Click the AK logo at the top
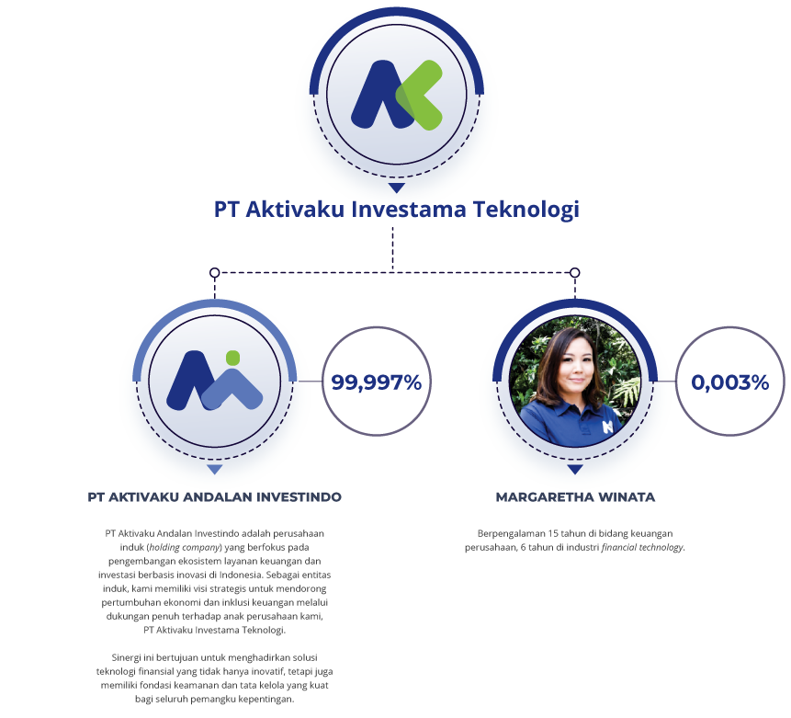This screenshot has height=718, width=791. pyautogui.click(x=397, y=95)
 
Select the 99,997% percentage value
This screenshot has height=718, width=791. pyautogui.click(x=377, y=382)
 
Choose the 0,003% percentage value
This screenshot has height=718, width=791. pyautogui.click(x=730, y=382)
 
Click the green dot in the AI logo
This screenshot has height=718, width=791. pyautogui.click(x=232, y=358)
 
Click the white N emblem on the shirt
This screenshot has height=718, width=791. pyautogui.click(x=607, y=427)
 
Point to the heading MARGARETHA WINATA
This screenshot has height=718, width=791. pyautogui.click(x=575, y=497)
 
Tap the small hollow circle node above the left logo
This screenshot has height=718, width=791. pyautogui.click(x=214, y=273)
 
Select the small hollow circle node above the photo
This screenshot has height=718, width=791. pyautogui.click(x=574, y=273)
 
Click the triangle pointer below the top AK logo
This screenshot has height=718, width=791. pyautogui.click(x=397, y=188)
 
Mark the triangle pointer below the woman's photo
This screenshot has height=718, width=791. pyautogui.click(x=575, y=470)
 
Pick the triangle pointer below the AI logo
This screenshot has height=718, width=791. pyautogui.click(x=214, y=470)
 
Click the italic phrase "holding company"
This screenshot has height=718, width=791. pyautogui.click(x=185, y=547)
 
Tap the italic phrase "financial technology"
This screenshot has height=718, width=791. pyautogui.click(x=642, y=547)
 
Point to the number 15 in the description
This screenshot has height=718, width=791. pyautogui.click(x=553, y=534)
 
